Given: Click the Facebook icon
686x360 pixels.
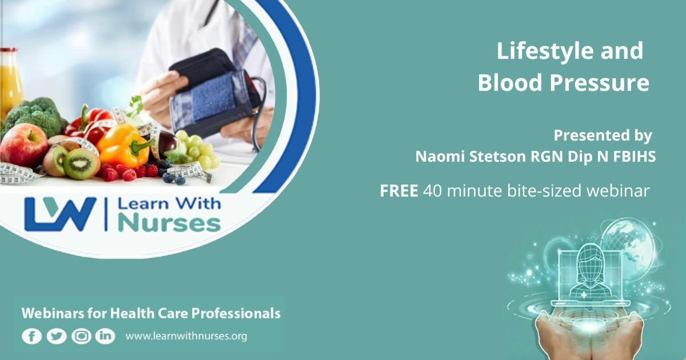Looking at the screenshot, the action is [x=32, y=337].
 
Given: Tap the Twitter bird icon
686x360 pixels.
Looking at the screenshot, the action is [x=57, y=337].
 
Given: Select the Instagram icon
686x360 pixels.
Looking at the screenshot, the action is [x=81, y=336].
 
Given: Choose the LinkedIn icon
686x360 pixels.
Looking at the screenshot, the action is [x=105, y=336].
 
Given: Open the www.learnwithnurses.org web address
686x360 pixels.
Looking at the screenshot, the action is [x=186, y=336].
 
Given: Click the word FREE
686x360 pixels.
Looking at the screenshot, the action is [x=399, y=191].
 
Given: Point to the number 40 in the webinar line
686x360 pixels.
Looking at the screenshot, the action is [x=432, y=191].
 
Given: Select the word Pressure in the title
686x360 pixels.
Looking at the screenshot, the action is [x=599, y=83].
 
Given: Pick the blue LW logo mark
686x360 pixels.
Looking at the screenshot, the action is [x=61, y=214].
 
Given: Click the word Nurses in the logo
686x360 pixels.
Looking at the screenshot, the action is [x=169, y=224].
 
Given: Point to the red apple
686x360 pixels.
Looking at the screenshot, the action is [x=24, y=145].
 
